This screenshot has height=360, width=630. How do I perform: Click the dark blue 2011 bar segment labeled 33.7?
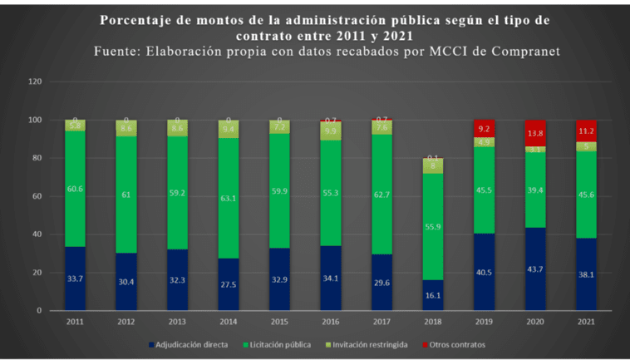click(x=75, y=279)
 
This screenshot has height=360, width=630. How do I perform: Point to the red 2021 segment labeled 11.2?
click(x=586, y=131)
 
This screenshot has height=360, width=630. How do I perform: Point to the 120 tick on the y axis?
click(x=34, y=81)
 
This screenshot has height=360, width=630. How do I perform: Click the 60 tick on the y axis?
click(x=36, y=196)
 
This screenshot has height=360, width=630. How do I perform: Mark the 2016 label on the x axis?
click(x=329, y=321)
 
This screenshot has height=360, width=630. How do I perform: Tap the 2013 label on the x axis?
click(x=177, y=321)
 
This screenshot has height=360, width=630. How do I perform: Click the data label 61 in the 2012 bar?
click(x=126, y=194)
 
